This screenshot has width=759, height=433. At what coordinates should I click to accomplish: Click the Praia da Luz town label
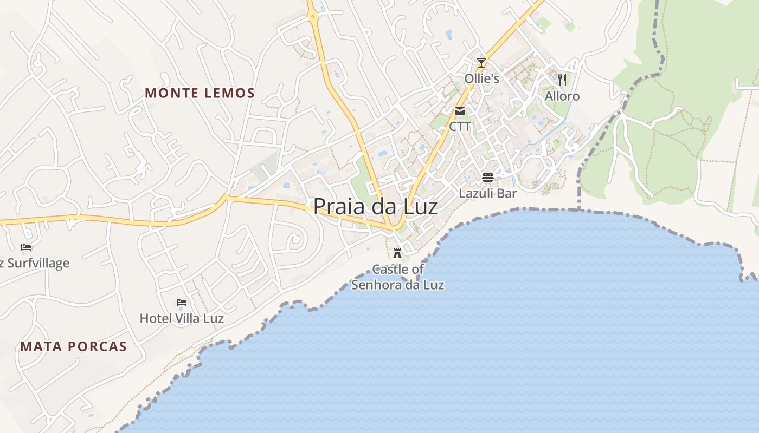coord(375,206)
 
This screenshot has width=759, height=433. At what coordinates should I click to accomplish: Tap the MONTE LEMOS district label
coord(200,93)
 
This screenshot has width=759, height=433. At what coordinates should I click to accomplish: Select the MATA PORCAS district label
coord(74,346)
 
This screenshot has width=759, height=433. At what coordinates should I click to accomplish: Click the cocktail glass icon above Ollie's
coord(481,63)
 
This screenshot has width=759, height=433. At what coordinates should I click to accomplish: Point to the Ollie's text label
coord(481,78)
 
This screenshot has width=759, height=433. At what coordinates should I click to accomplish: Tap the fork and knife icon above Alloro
coord(562,80)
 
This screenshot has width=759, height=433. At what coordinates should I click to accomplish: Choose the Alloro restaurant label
coord(562,96)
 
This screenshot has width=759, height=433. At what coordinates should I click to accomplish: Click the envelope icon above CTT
coord(460,111)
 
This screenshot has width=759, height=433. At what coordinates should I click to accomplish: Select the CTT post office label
coord(460,127)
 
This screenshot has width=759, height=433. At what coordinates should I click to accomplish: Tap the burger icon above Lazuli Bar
coord(487,177)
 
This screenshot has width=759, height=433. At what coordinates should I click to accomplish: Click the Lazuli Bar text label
coord(488,193)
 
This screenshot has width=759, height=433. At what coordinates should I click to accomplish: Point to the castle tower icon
coord(397,253)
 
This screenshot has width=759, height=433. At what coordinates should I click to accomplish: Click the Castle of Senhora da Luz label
coord(398,277)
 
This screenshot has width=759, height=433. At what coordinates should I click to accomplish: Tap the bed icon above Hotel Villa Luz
coord(182,302)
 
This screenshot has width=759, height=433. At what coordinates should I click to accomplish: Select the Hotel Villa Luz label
coord(182,318)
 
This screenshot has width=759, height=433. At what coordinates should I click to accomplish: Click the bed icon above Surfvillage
coord(26,247)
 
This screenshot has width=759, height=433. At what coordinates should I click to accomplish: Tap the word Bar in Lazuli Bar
coord(507,193)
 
